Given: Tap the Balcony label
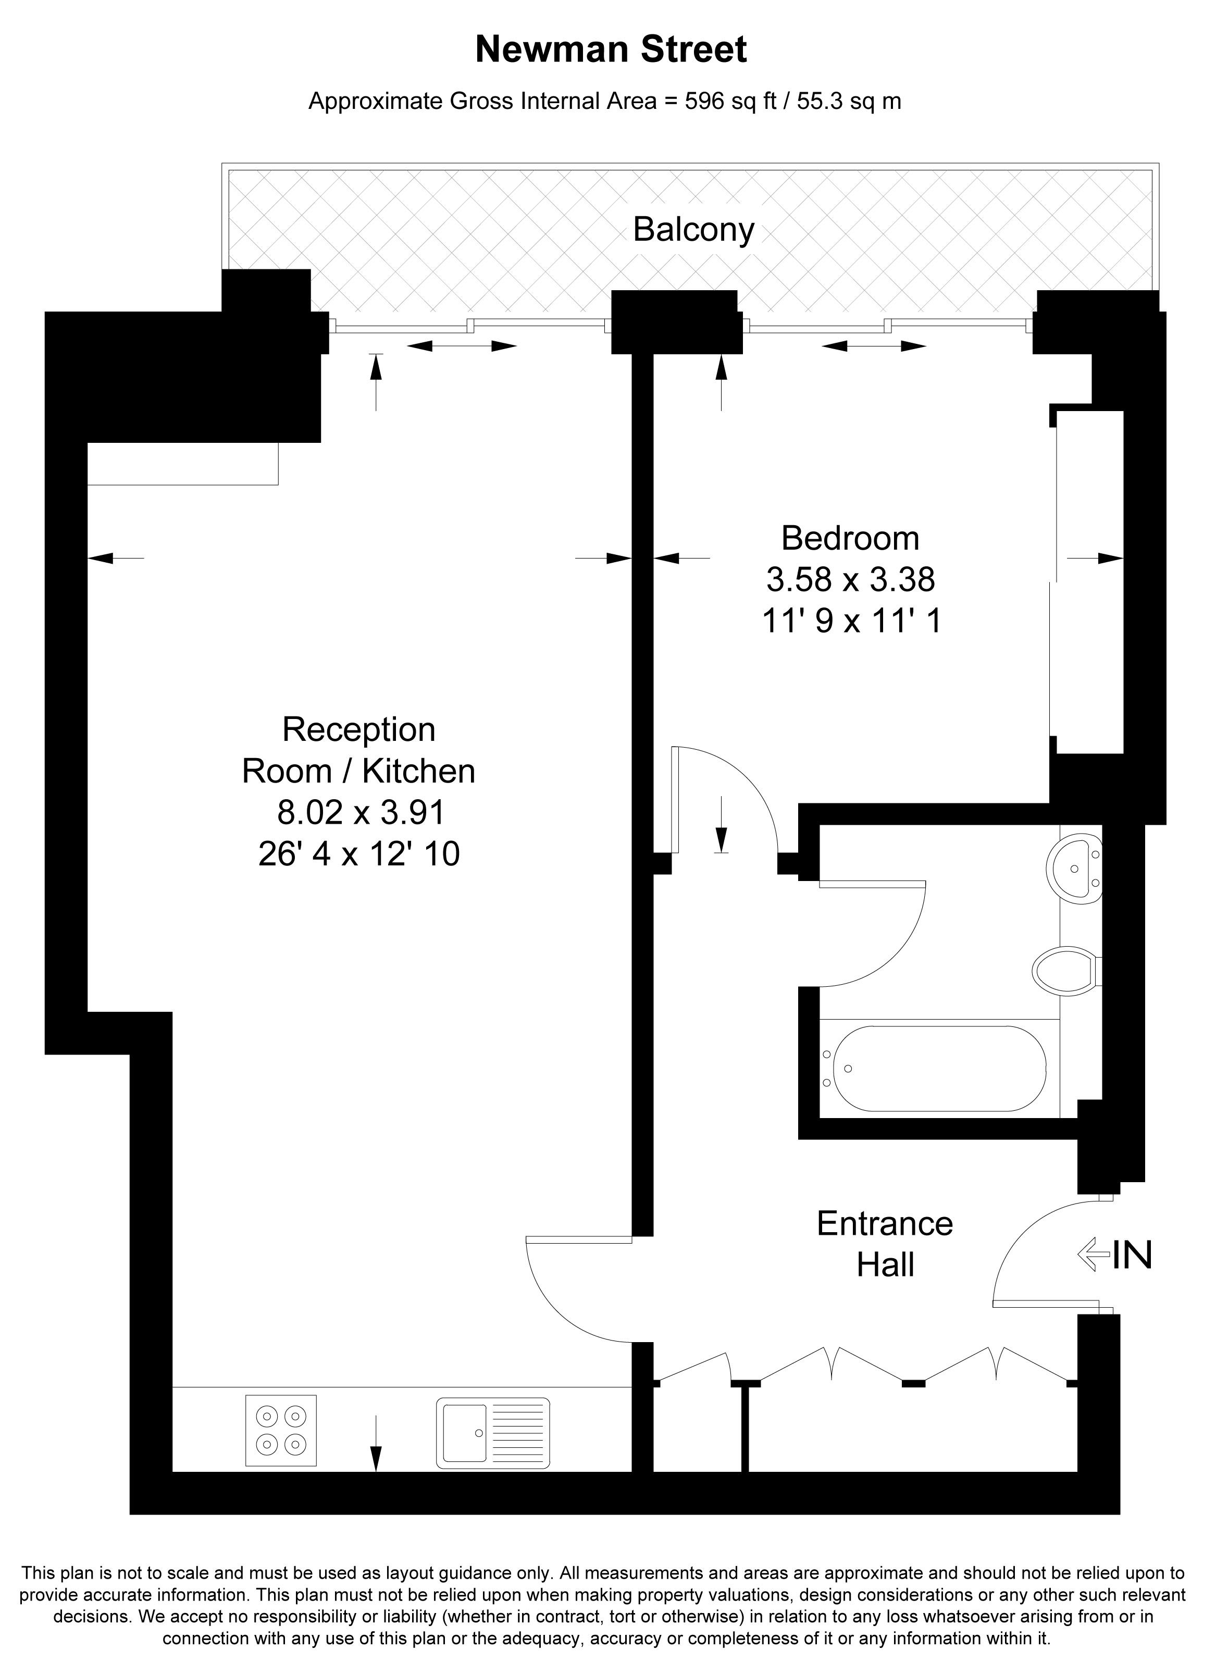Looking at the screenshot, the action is (694, 230).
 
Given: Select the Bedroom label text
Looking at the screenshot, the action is (850, 538).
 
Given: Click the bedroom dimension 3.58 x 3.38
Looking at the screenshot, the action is (850, 579).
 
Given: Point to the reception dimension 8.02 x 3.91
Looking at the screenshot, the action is (361, 813).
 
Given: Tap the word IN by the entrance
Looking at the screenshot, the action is (1132, 1255).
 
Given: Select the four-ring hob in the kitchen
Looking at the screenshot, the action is (281, 1430).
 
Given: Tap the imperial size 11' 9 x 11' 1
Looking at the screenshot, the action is (850, 621).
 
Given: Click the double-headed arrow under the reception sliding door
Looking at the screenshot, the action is (462, 345).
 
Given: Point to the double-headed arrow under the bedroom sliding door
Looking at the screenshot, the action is (874, 345).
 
